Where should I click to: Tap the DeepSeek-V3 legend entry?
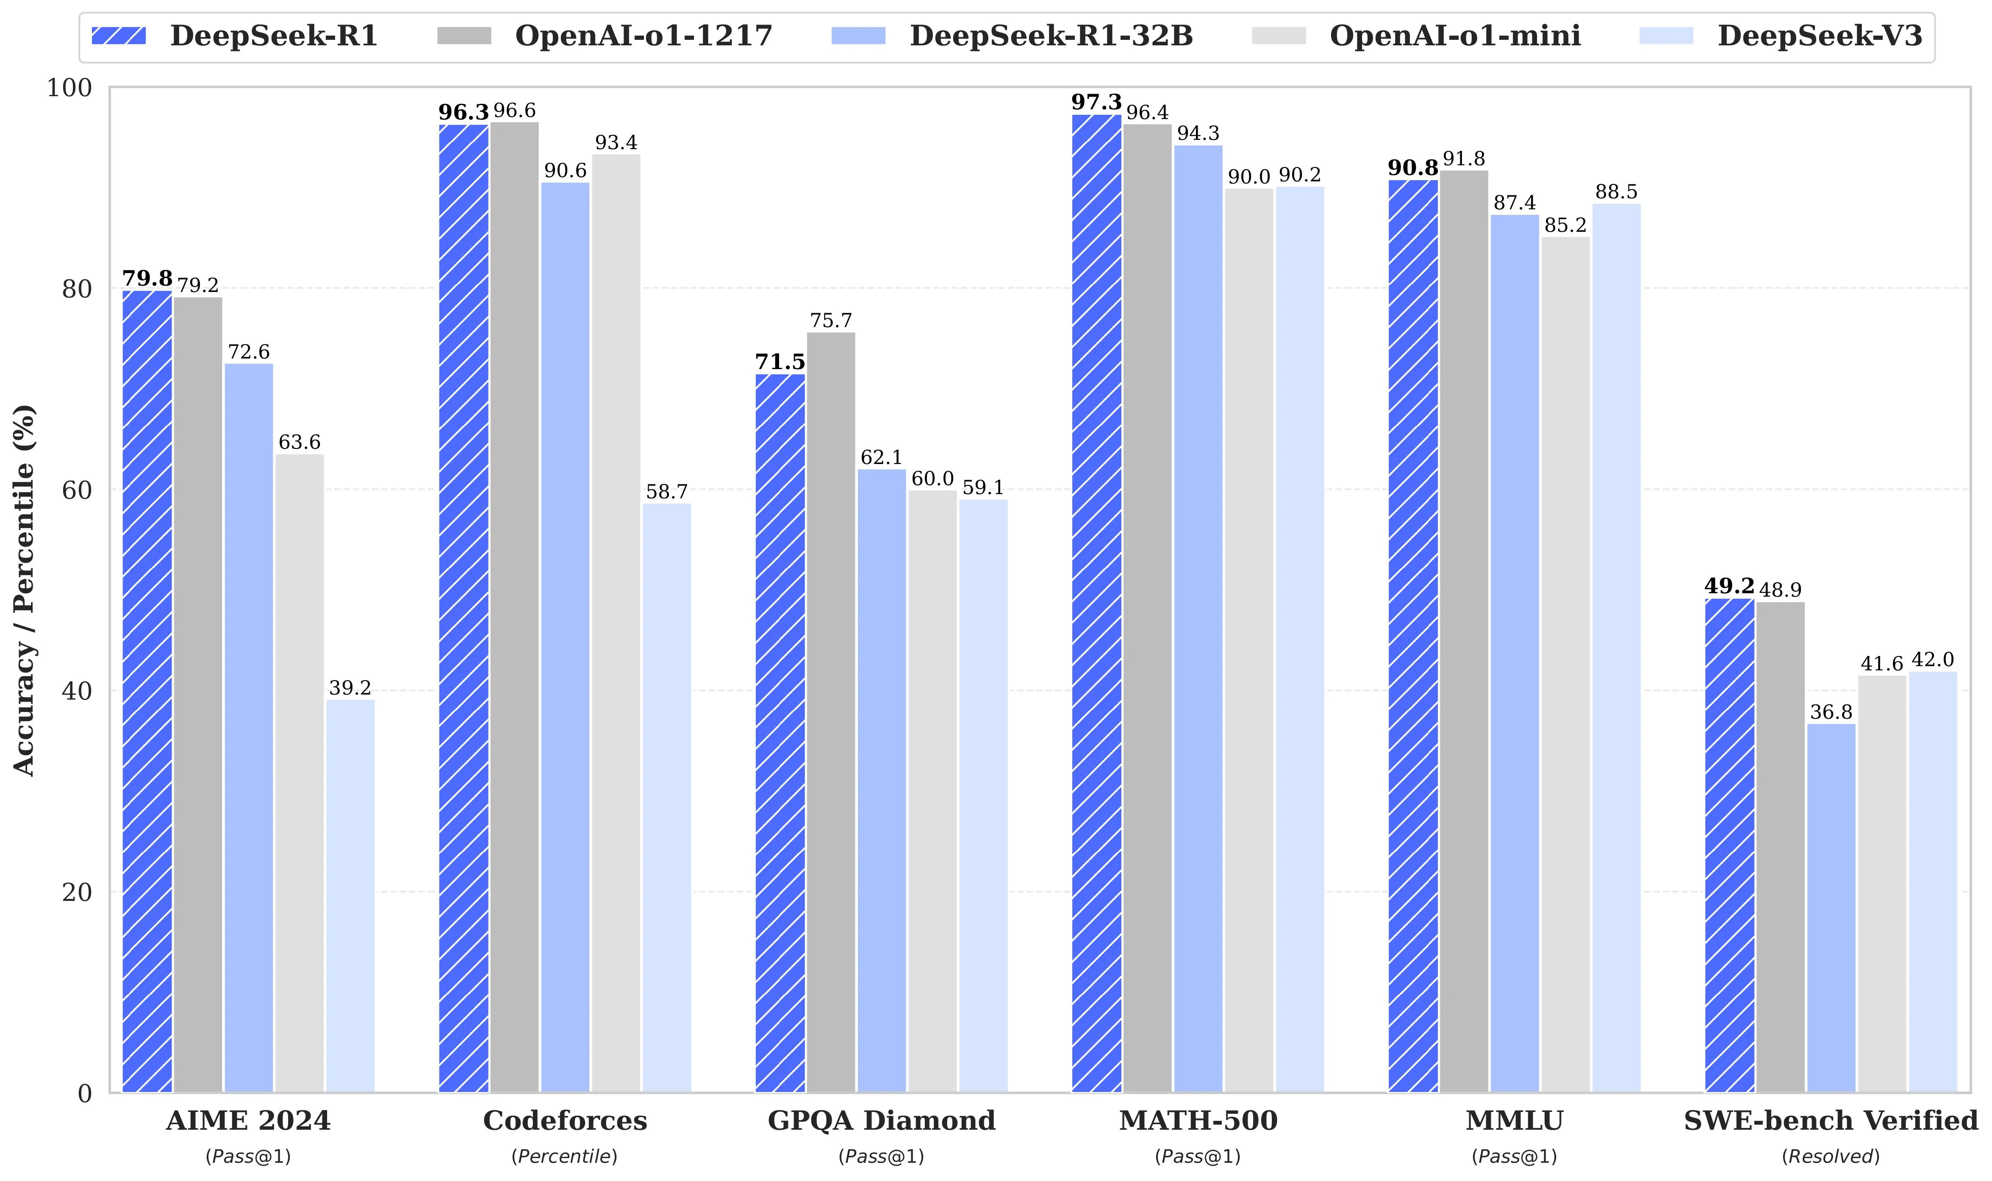[1782, 36]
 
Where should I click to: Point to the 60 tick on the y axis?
[77, 490]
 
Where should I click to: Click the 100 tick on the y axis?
[70, 88]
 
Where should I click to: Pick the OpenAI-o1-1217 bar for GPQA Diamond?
[831, 712]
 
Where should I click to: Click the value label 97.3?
[1096, 103]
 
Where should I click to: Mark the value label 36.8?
[1831, 712]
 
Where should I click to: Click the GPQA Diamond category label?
[882, 1120]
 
